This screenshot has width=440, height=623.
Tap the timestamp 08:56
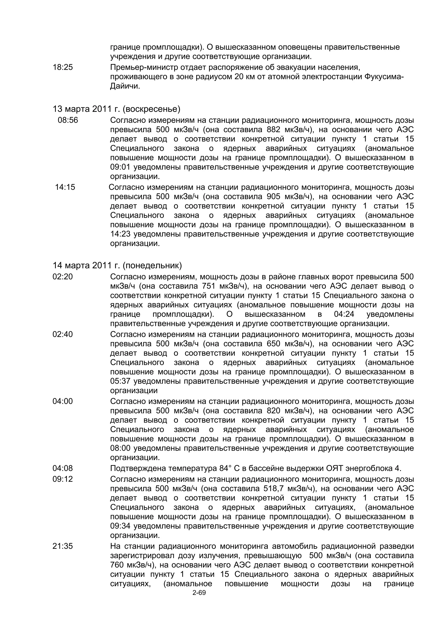(x=68, y=120)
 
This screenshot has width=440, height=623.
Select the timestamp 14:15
(x=65, y=187)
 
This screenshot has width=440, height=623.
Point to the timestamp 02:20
(x=63, y=277)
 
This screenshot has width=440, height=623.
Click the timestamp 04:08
(x=63, y=468)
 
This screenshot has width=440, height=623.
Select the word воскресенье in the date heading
(x=151, y=109)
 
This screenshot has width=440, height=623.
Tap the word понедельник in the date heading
(x=152, y=265)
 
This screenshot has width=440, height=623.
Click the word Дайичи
(x=125, y=86)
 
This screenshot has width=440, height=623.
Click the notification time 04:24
(x=344, y=314)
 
